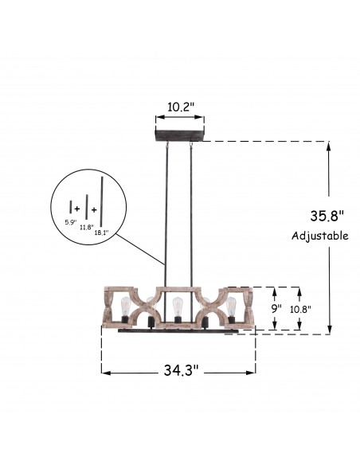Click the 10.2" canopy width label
pos(181,107)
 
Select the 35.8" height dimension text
pos(327,216)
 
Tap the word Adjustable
pos(320,236)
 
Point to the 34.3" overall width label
pos(181,370)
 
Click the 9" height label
pos(276,309)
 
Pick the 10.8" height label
pos(300,310)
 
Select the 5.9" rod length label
pos(71,222)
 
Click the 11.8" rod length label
pos(86,228)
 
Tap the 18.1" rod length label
pos(101,232)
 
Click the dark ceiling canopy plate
pos(180,135)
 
